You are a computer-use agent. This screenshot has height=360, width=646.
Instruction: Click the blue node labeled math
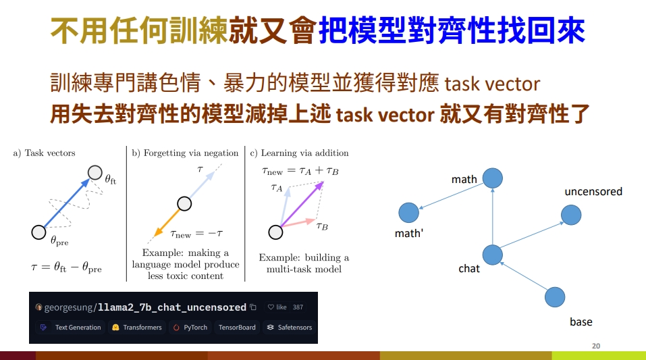pos(492,178)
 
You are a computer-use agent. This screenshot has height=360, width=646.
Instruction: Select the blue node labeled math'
pos(408,213)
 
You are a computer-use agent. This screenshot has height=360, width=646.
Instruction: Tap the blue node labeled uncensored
pos(571,215)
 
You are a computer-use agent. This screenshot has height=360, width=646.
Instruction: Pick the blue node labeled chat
pos(492,255)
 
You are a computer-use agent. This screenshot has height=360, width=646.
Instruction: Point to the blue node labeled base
pos(555,297)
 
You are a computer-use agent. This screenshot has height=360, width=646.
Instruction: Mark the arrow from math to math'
pos(451,197)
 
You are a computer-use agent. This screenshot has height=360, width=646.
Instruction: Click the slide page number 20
pos(596,346)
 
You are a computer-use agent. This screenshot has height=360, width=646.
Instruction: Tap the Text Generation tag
pos(70,328)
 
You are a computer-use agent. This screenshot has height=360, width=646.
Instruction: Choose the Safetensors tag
pos(290,328)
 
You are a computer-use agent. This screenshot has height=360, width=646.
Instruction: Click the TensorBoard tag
pos(237,328)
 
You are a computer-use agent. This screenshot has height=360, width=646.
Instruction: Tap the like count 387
pos(298,307)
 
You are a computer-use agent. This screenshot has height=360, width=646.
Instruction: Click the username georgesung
pos(69,307)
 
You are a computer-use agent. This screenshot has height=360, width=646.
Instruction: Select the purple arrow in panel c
pos(302,204)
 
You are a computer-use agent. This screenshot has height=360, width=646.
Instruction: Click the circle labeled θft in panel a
pos(95,173)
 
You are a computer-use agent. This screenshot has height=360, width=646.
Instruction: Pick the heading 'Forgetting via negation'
pos(191,153)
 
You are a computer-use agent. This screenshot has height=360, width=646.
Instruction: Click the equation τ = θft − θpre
pos(66,267)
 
